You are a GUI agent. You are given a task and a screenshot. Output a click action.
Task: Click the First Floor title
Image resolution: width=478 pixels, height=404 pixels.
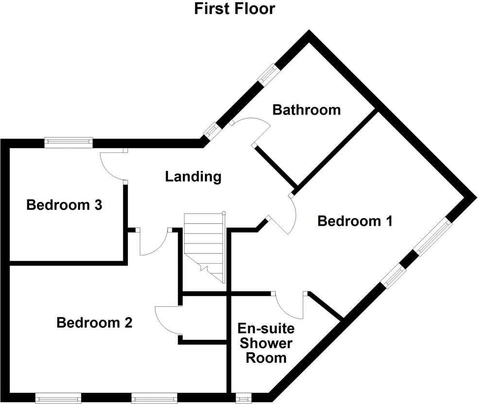click(235, 9)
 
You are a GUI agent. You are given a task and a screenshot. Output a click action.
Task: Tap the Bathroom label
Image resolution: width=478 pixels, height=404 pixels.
click(306, 110)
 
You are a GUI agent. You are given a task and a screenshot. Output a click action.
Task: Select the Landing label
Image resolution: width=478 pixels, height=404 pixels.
click(193, 176)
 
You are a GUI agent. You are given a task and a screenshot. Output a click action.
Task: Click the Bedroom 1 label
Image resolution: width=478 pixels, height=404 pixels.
click(354, 221)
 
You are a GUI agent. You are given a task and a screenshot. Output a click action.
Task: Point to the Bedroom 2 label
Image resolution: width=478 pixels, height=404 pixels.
click(94, 322)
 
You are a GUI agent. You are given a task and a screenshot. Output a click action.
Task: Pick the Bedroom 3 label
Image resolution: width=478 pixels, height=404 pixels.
click(64, 205)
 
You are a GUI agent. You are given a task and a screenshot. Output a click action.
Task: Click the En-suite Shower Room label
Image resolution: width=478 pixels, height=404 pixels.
click(265, 343)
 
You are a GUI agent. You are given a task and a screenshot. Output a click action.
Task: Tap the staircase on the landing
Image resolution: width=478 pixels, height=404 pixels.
click(204, 248)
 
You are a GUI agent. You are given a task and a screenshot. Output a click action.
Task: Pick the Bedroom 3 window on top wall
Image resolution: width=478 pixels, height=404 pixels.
click(68, 142)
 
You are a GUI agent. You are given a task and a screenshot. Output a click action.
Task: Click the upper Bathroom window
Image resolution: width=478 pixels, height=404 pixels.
click(268, 74)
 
